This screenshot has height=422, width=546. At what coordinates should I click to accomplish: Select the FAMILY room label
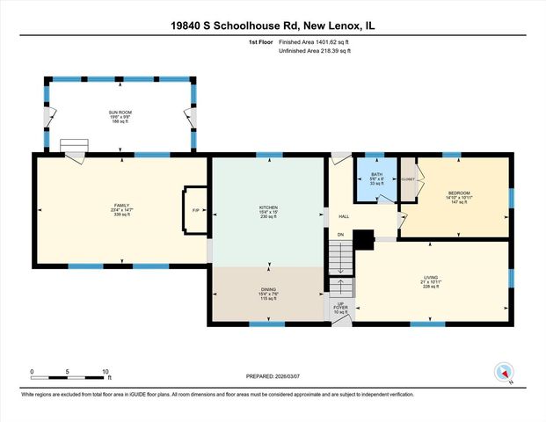click(x=121, y=205)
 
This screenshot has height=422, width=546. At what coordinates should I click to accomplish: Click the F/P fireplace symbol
click(x=195, y=211)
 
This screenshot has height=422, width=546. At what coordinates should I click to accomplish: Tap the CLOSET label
click(x=408, y=179)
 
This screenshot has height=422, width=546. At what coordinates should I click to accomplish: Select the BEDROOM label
click(x=459, y=193)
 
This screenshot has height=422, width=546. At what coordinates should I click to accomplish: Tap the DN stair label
click(x=339, y=235)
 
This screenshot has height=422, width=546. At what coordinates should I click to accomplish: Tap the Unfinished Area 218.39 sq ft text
click(x=314, y=52)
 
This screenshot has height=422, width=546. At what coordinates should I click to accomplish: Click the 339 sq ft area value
click(x=121, y=215)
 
